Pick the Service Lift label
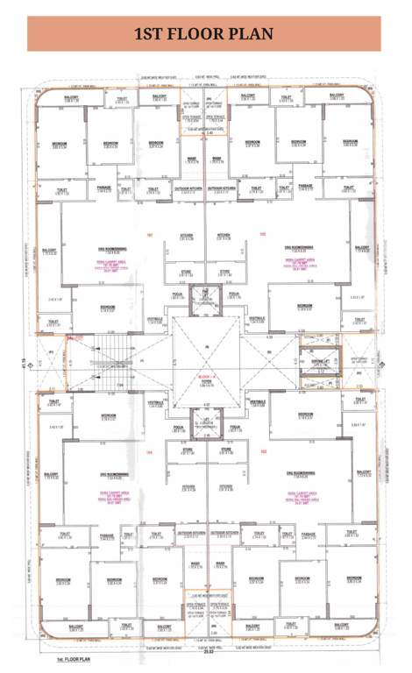tap(315, 360)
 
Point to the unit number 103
tap(262, 452)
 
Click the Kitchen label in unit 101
tap(186, 237)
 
